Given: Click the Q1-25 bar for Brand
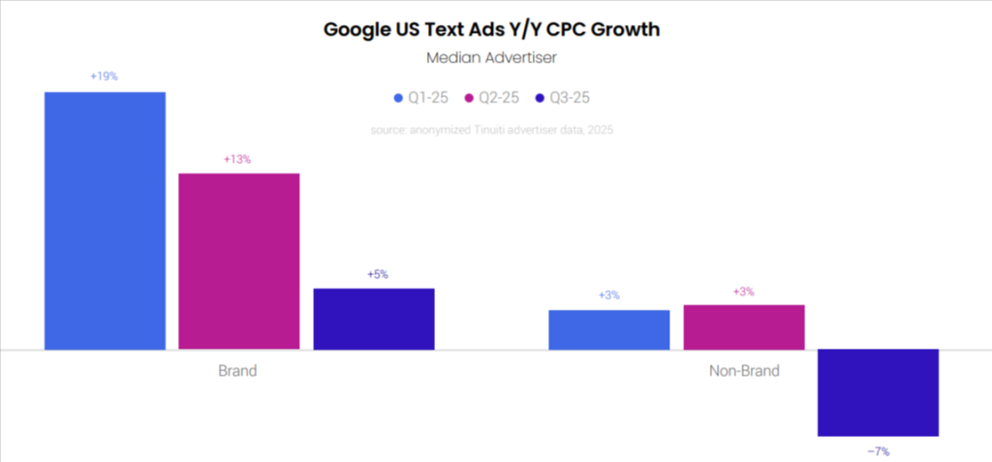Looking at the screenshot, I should (105, 220).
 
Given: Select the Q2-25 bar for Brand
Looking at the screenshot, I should (238, 261).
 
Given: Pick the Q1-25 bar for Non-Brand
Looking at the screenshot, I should (608, 329).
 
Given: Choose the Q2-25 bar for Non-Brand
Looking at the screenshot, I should (743, 326).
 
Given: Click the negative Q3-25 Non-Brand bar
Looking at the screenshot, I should (878, 392).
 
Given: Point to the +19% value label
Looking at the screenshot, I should (104, 77).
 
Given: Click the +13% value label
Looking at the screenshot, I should (237, 159).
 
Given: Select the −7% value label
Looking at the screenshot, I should (878, 450).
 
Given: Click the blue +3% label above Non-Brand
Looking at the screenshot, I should (609, 295).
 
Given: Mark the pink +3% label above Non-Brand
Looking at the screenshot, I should (743, 291).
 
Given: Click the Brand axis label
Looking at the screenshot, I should (237, 371).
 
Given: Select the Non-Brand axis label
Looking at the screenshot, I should (744, 371).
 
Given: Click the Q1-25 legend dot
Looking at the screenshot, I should (398, 98).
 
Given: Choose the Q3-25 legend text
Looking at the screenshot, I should (570, 98).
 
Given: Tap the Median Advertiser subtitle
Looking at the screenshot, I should (491, 58).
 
